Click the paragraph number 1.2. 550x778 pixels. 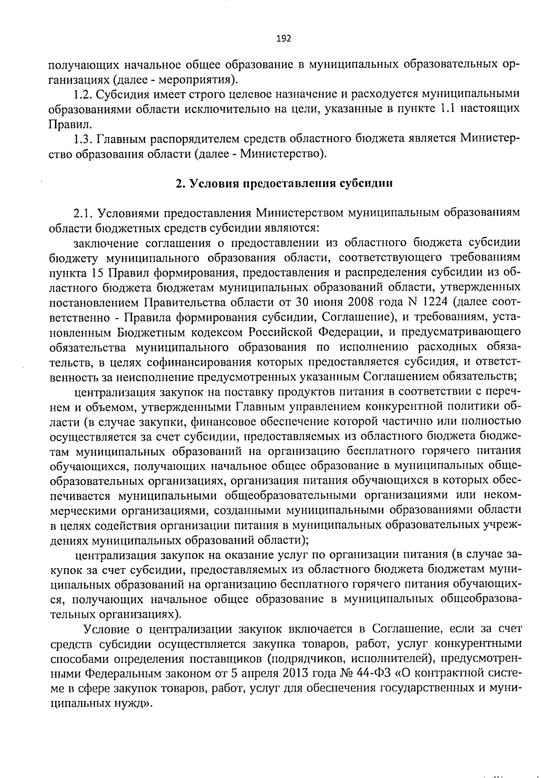(82, 94)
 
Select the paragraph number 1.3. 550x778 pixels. (82, 138)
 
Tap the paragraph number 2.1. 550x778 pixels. (82, 213)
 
